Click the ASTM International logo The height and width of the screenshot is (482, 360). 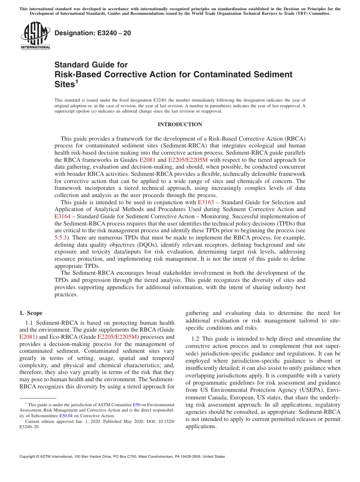click(35, 36)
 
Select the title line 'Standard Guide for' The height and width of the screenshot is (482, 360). click(91, 65)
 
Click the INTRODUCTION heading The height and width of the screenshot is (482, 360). click(180, 124)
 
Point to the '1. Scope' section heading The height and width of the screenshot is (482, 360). click(31, 313)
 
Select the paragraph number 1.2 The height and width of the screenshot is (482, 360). click(196, 339)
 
